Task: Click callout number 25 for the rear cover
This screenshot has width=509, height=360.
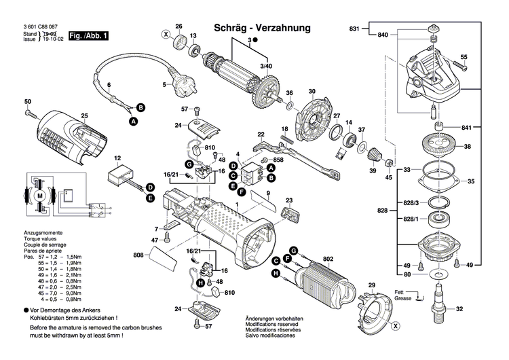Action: pyautogui.click(x=85, y=116)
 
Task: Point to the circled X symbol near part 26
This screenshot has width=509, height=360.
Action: pyautogui.click(x=165, y=33)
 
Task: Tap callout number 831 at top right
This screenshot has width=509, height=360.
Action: pyautogui.click(x=354, y=29)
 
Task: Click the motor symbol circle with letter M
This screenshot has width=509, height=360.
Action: pyautogui.click(x=40, y=196)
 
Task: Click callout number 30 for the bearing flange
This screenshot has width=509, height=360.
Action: pyautogui.click(x=312, y=92)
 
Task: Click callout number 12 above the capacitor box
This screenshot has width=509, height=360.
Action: pyautogui.click(x=117, y=159)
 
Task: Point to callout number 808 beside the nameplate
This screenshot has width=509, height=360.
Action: pyautogui.click(x=138, y=255)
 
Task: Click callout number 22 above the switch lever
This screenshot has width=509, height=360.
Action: pyautogui.click(x=261, y=134)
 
